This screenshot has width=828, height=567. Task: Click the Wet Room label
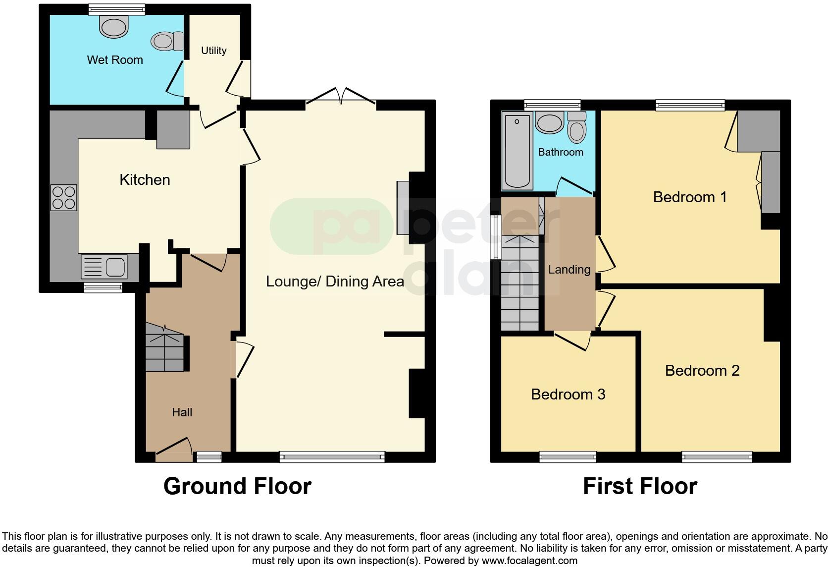115,60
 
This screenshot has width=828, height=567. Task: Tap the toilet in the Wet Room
168,41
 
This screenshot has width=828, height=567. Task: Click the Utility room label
214,51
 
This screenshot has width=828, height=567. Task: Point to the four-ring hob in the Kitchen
64,197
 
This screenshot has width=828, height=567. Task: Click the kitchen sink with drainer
104,267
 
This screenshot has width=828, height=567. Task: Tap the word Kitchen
145,179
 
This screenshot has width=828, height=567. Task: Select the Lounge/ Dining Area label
335,282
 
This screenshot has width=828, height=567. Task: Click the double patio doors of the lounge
341,96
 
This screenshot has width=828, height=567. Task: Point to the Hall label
182,412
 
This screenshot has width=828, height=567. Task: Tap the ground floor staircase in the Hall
164,353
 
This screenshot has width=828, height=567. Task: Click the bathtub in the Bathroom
517,151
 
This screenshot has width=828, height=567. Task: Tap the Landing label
569,270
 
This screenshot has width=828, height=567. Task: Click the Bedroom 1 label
690,197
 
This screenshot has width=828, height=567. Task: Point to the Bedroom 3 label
568,395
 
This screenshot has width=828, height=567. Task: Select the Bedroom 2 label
702,371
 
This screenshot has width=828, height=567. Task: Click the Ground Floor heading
237,486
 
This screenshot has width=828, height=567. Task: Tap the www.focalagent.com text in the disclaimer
529,561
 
